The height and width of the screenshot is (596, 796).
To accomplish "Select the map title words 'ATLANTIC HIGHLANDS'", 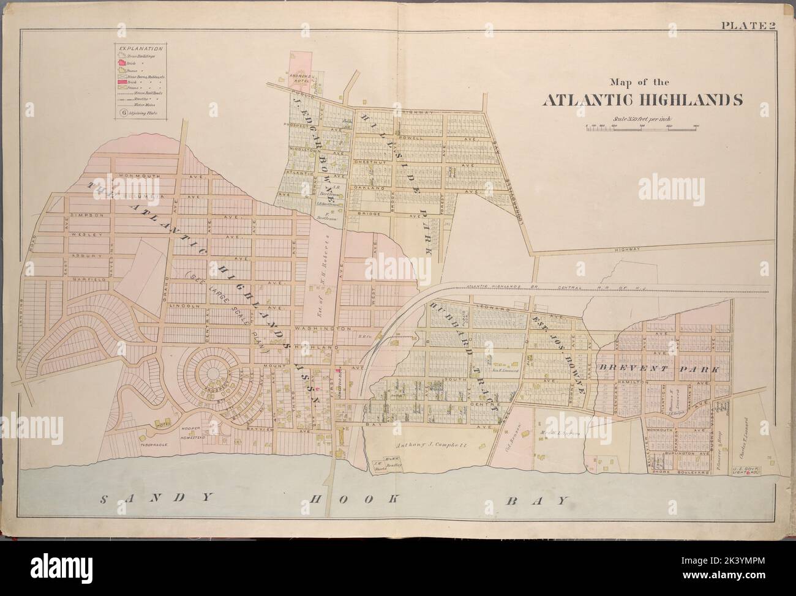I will pyautogui.click(x=641, y=100).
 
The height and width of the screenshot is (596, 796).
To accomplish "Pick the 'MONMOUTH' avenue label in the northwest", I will pyautogui.click(x=140, y=176).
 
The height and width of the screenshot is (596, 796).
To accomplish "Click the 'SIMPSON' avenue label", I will pyautogui.click(x=84, y=215).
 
